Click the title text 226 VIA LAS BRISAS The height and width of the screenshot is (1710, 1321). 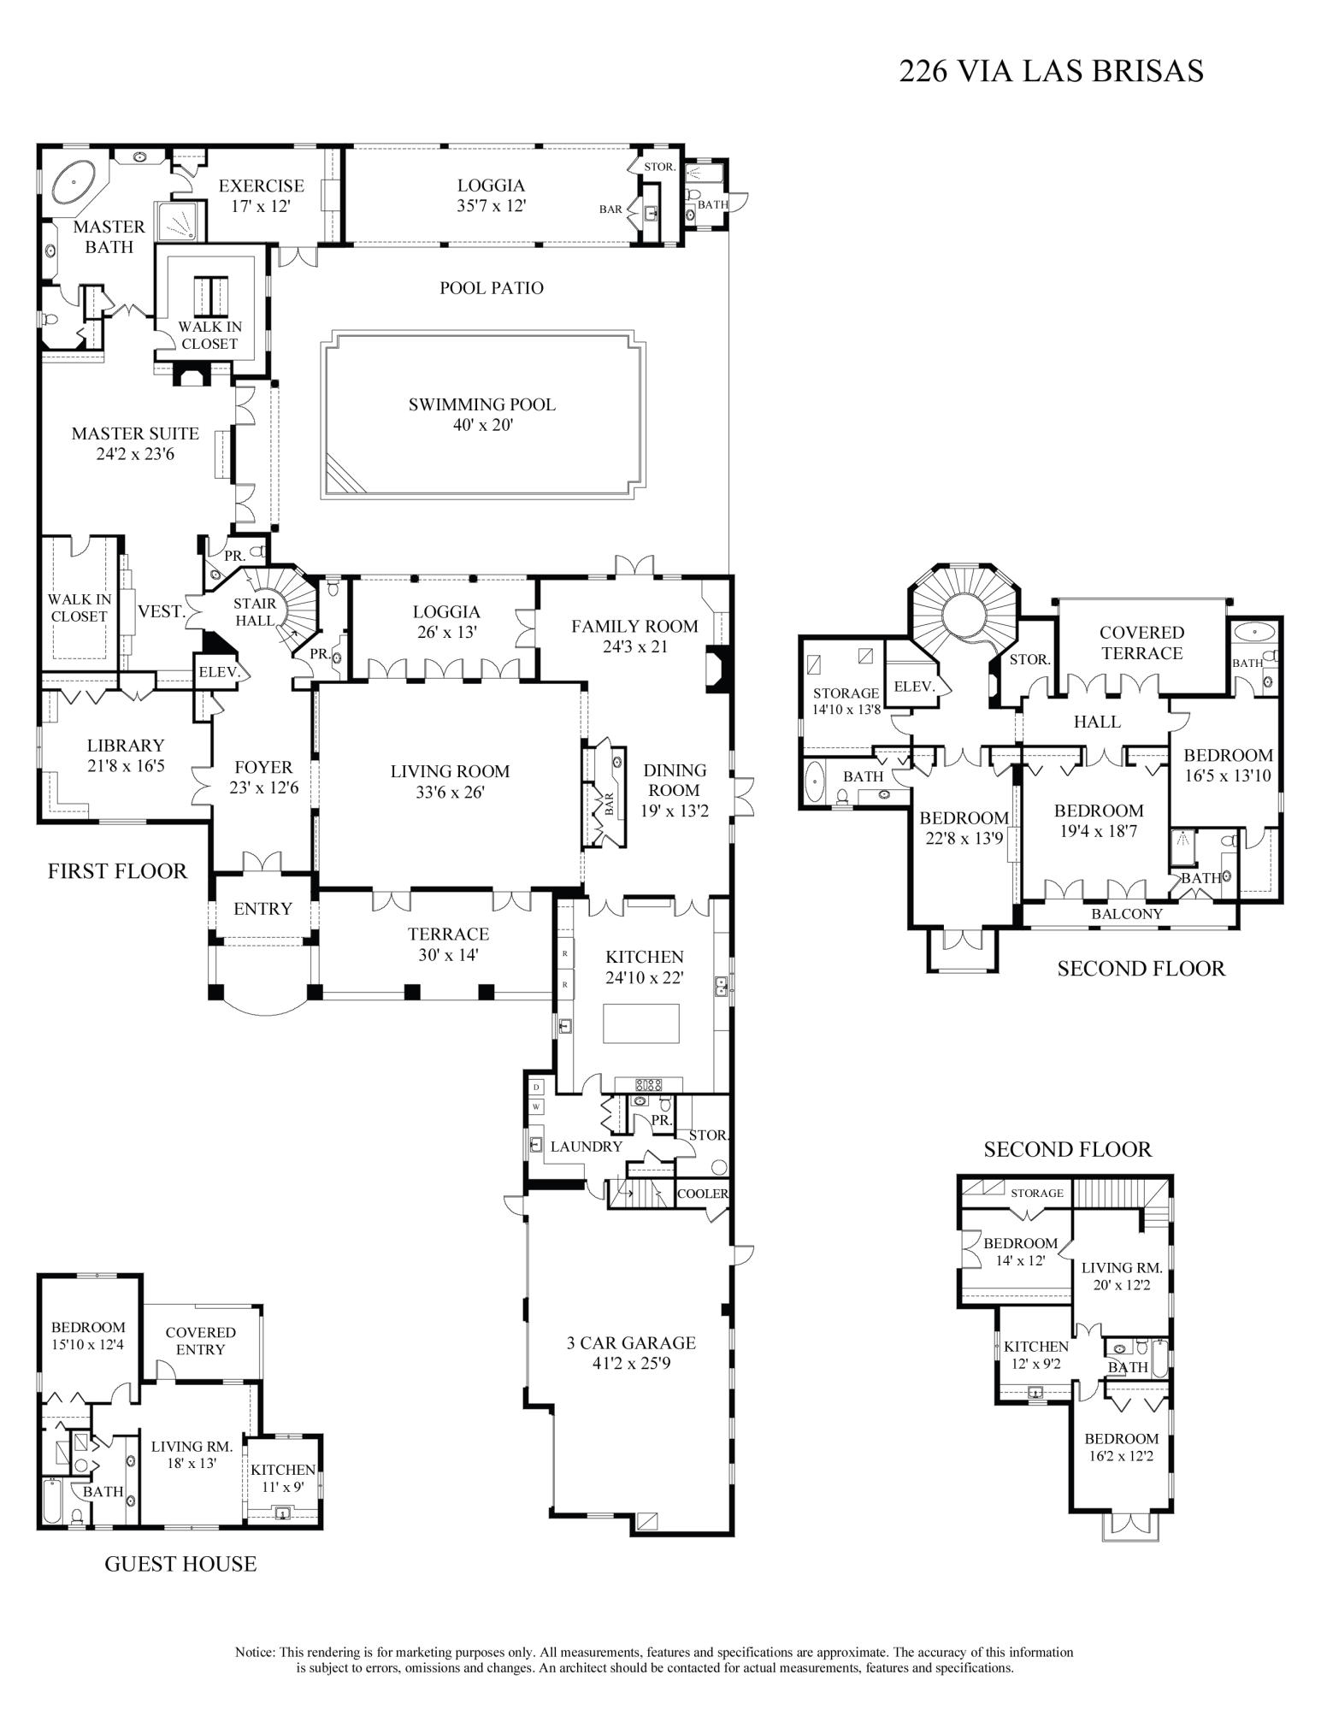click(x=1051, y=71)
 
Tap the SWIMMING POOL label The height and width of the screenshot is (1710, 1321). click(x=481, y=404)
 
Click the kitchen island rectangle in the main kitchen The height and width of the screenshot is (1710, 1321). click(x=641, y=1023)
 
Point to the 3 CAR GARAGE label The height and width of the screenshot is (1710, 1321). click(x=631, y=1343)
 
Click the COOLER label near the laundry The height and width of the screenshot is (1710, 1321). click(x=702, y=1194)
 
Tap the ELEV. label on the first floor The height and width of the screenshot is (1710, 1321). click(x=218, y=672)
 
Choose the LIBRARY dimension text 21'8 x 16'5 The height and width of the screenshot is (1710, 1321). click(x=126, y=766)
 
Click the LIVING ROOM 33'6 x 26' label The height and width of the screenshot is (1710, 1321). click(x=450, y=781)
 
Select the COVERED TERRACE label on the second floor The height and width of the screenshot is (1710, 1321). click(x=1141, y=643)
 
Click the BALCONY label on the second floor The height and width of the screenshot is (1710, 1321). click(x=1127, y=913)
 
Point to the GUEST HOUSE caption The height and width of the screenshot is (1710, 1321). click(x=180, y=1565)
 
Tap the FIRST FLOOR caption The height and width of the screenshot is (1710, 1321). click(x=117, y=871)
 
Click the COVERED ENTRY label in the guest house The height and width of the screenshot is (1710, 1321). click(x=200, y=1341)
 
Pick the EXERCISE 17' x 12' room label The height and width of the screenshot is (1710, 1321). click(x=261, y=195)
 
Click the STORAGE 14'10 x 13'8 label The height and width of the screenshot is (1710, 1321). click(x=846, y=700)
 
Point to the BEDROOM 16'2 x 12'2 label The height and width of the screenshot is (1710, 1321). click(x=1121, y=1447)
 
